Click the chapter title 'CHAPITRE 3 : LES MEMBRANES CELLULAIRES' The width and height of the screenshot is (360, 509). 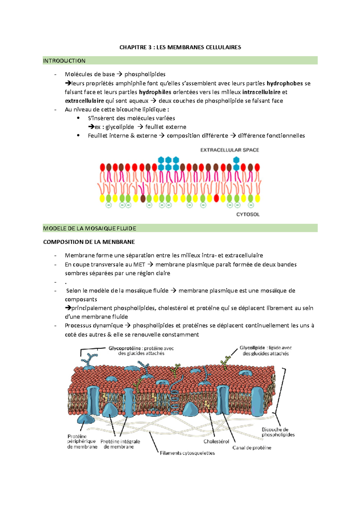[x=180, y=47]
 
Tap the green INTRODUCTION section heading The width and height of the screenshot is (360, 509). [x=64, y=61]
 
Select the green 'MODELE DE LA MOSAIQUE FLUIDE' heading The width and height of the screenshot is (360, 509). [x=90, y=228]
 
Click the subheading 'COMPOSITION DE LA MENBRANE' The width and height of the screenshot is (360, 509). [x=89, y=242]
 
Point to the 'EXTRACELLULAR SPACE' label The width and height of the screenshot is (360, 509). [x=229, y=150]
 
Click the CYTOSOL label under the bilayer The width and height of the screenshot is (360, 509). [x=248, y=214]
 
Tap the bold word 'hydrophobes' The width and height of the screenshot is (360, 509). [x=285, y=83]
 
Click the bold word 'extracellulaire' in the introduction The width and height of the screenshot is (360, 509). [x=84, y=101]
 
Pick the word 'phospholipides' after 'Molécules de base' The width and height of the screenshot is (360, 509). [x=145, y=74]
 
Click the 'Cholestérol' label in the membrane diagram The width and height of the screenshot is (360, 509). [x=216, y=441]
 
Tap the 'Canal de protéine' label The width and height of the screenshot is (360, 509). [x=252, y=448]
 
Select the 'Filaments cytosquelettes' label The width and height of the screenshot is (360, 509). [x=187, y=453]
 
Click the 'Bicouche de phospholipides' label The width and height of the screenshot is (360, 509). [x=278, y=432]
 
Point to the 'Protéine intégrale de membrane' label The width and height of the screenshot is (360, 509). [x=120, y=444]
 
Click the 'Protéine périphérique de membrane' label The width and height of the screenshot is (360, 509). [x=82, y=442]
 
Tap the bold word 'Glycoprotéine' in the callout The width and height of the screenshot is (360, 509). [x=124, y=348]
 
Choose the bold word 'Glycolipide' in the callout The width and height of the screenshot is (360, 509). [x=252, y=348]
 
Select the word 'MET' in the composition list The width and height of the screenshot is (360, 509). [x=139, y=264]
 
